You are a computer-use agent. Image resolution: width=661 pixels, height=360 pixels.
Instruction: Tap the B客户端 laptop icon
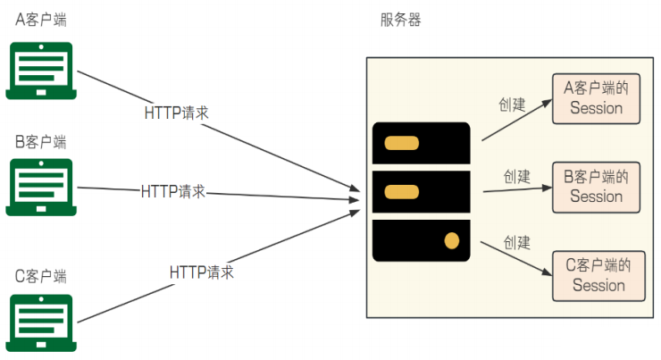click(41, 187)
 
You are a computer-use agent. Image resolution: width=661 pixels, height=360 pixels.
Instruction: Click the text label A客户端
click(41, 18)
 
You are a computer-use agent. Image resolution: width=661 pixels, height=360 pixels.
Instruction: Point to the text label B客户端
click(41, 141)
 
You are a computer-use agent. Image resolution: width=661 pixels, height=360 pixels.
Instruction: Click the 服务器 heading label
click(400, 20)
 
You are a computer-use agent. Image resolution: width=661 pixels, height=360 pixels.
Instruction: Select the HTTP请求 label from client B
click(173, 191)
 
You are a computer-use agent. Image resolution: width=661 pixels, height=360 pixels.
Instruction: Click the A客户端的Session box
click(596, 98)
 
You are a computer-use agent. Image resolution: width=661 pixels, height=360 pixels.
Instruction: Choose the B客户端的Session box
click(596, 187)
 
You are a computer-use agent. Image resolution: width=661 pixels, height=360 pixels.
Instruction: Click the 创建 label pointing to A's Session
click(512, 105)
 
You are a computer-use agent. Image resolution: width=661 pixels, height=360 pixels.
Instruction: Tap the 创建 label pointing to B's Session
click(517, 176)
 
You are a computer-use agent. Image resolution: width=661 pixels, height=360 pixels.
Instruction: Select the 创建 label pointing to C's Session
click(517, 242)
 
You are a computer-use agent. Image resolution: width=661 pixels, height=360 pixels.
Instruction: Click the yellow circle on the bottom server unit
click(452, 239)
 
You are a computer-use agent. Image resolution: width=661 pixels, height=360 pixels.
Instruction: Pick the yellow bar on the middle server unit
click(402, 191)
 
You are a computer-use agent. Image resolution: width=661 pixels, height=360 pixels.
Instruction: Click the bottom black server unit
click(421, 240)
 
